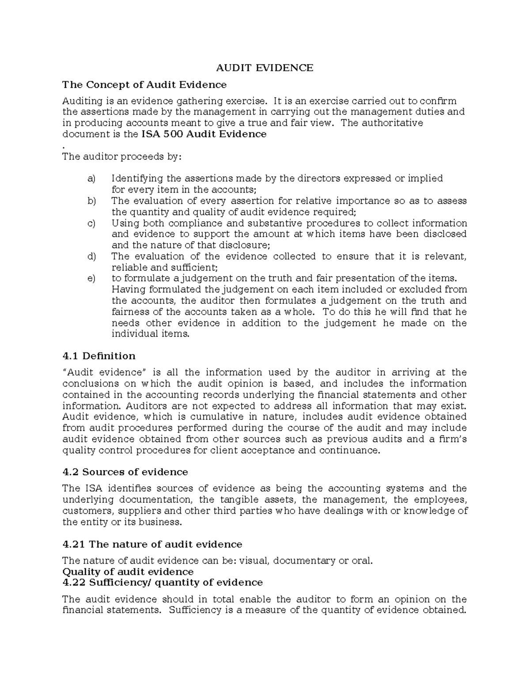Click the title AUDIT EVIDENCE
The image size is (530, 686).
point(264,68)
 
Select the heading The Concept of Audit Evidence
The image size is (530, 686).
point(144,84)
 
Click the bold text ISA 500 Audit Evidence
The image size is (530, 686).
point(204,134)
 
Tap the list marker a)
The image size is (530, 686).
point(91,179)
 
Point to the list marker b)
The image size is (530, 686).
point(91,201)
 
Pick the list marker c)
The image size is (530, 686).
point(91,224)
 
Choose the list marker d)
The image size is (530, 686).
point(91,257)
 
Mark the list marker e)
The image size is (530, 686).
point(91,279)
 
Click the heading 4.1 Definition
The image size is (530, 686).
point(99,356)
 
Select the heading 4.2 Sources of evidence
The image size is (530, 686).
point(125,472)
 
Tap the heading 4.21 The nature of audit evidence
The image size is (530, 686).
point(152,544)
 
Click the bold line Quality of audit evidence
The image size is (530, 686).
point(128,572)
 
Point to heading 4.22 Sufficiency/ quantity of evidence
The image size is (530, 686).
point(163,583)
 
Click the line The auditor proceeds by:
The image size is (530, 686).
point(122,156)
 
